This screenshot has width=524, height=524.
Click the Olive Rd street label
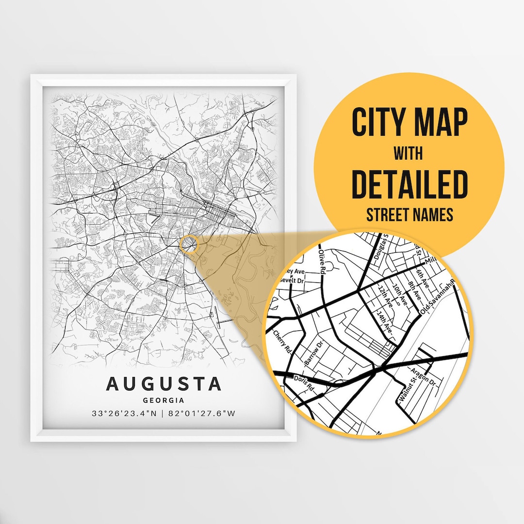click(321, 262)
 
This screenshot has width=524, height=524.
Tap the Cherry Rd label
click(281, 342)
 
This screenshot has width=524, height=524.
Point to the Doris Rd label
click(304, 383)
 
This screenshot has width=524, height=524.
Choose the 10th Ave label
click(401, 295)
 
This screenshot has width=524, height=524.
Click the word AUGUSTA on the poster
click(164, 383)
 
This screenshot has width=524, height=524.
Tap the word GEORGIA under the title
click(164, 400)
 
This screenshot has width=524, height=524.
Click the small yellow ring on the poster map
click(189, 244)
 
